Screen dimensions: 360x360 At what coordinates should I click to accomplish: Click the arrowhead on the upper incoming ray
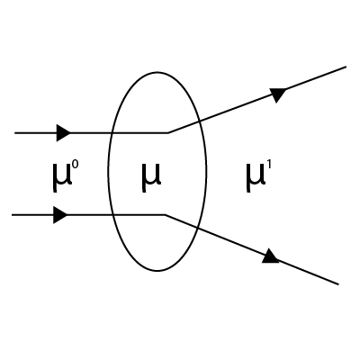click(x=64, y=132)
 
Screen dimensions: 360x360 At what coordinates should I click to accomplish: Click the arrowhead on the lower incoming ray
click(x=60, y=215)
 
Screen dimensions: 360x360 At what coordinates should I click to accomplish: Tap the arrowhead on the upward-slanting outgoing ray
click(x=278, y=94)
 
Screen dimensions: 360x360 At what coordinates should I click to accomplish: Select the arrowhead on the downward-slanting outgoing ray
click(x=271, y=256)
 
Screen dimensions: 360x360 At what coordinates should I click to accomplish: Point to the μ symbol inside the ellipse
click(x=151, y=178)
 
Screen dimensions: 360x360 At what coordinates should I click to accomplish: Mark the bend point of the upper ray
click(x=168, y=132)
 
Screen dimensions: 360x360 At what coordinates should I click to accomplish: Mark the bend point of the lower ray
click(x=165, y=215)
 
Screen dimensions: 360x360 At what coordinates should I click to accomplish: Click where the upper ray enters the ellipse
click(x=112, y=132)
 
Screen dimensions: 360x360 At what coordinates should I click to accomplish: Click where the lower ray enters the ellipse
click(x=112, y=215)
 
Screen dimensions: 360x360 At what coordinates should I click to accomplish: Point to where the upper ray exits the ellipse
click(x=200, y=121)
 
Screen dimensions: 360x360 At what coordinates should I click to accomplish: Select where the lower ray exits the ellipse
click(x=197, y=228)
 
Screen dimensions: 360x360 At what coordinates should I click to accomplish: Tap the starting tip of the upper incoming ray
click(x=15, y=132)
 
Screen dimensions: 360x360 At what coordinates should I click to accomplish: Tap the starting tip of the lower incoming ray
click(x=12, y=215)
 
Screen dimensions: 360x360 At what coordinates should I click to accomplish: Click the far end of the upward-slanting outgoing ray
click(x=346, y=67)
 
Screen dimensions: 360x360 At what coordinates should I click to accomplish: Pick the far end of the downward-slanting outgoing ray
click(x=338, y=284)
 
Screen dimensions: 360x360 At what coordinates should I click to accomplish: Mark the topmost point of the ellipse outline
click(x=157, y=72)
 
